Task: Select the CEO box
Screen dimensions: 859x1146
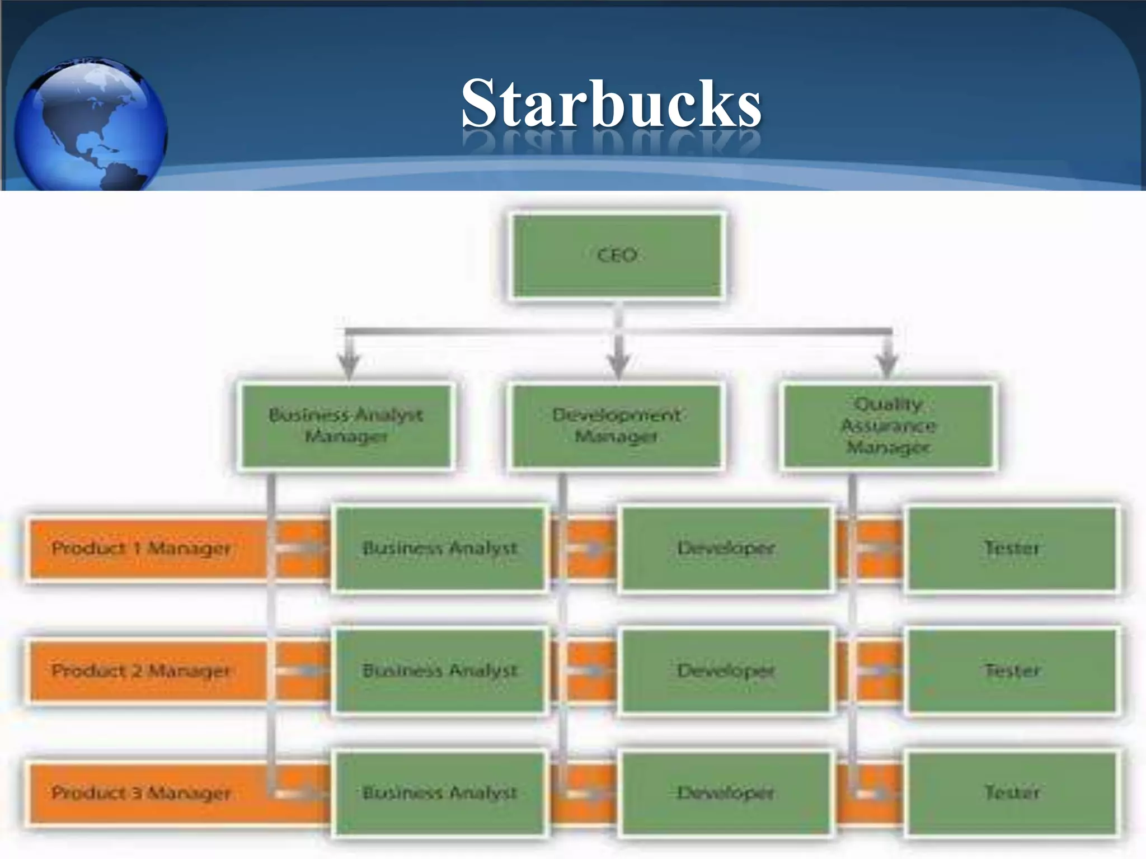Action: (617, 256)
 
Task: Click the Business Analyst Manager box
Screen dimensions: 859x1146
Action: (346, 426)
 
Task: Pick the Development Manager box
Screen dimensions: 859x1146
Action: (616, 426)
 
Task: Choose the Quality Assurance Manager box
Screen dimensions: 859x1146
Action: (888, 426)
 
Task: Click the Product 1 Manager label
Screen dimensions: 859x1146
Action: (141, 548)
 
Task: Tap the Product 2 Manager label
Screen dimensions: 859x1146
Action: (141, 671)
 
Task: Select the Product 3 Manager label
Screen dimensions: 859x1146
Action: (141, 792)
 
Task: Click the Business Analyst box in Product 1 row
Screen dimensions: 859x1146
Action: (440, 548)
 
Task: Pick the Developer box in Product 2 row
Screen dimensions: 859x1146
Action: (726, 671)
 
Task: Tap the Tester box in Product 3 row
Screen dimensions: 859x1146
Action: (1012, 792)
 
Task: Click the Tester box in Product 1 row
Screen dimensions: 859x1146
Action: (1012, 548)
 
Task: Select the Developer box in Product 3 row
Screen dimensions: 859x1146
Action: (726, 792)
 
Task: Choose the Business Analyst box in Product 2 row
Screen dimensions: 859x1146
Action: (440, 671)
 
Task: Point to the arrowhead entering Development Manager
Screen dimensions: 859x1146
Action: (618, 366)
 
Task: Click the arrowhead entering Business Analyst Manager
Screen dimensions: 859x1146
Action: (349, 366)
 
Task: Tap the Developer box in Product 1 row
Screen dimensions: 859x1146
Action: (726, 548)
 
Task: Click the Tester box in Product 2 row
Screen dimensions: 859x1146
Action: (1012, 671)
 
